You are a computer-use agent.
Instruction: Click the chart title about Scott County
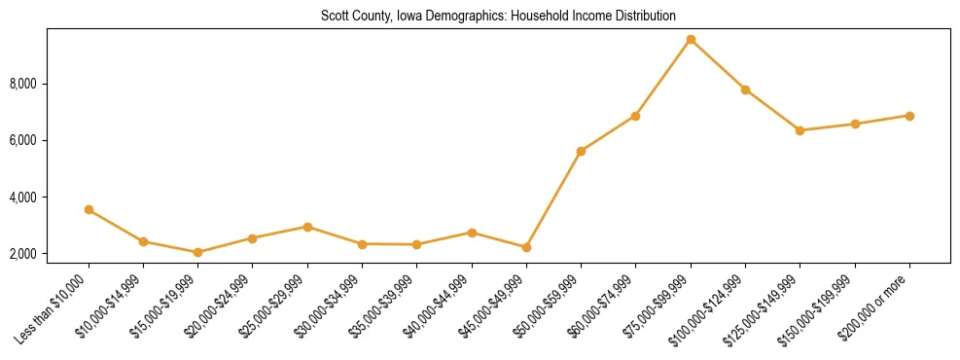pyautogui.click(x=498, y=16)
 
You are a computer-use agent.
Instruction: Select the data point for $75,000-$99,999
pyautogui.click(x=691, y=40)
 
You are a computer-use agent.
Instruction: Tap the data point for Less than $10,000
pyautogui.click(x=89, y=209)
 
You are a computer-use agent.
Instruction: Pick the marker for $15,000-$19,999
pyautogui.click(x=198, y=252)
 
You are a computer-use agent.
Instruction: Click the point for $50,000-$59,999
pyautogui.click(x=581, y=151)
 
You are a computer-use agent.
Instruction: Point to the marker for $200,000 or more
pyautogui.click(x=909, y=116)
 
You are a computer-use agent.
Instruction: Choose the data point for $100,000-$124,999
pyautogui.click(x=745, y=90)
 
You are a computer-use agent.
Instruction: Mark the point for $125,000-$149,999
pyautogui.click(x=800, y=130)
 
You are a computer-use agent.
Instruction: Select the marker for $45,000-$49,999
pyautogui.click(x=526, y=247)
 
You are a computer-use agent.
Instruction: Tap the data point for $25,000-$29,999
pyautogui.click(x=307, y=227)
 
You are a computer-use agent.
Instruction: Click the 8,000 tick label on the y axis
pyautogui.click(x=23, y=85)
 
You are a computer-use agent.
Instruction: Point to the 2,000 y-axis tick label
pyautogui.click(x=23, y=254)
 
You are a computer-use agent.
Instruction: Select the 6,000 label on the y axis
pyautogui.click(x=23, y=141)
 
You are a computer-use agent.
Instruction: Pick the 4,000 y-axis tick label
pyautogui.click(x=23, y=198)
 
